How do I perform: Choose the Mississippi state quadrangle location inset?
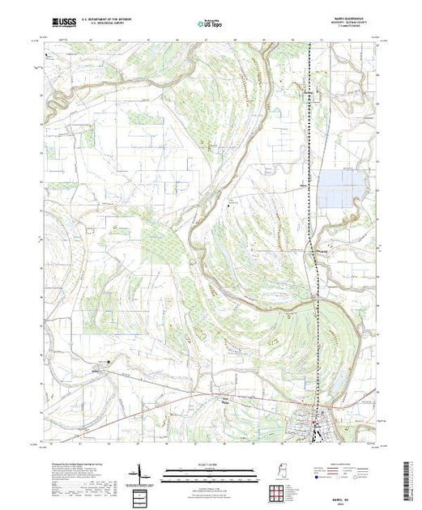point(275,472)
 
